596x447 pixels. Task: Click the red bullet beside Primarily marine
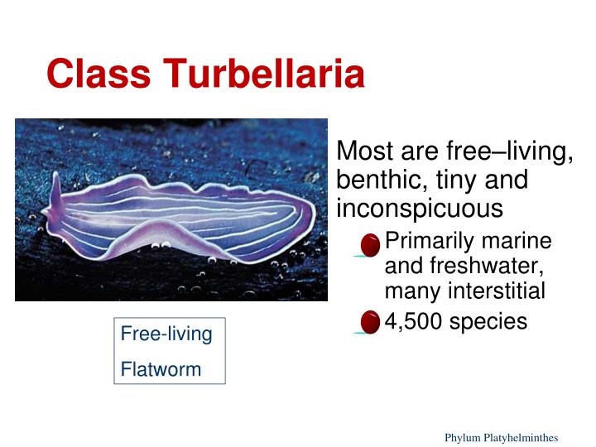tap(371, 244)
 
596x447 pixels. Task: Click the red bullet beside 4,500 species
tap(371, 322)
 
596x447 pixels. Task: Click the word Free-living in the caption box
tap(166, 334)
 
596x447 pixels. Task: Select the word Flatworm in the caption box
tap(161, 369)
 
